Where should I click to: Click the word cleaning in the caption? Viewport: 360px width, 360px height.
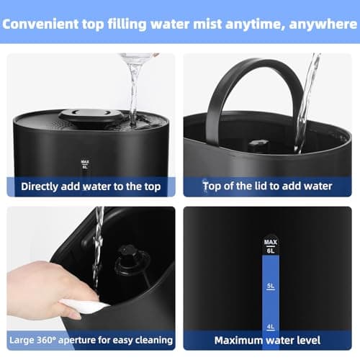(x=150, y=339)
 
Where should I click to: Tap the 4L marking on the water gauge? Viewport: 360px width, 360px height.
(x=270, y=326)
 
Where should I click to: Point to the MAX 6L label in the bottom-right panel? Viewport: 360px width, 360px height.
(x=270, y=246)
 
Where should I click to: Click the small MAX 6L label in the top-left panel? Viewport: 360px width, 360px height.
(x=85, y=163)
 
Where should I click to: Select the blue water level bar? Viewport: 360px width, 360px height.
(x=270, y=302)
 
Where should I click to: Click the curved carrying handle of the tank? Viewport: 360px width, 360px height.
(x=252, y=79)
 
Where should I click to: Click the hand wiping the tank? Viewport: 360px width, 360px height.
(x=43, y=288)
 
